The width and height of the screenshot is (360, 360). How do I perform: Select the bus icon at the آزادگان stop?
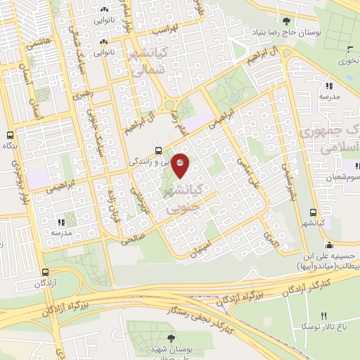point(45,272)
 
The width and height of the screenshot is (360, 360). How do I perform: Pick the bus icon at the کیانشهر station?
point(313,212)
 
